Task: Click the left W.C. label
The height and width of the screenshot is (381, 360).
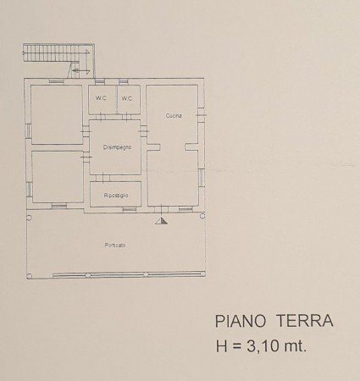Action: pos(101,99)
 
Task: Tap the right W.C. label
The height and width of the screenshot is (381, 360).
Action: pos(127,99)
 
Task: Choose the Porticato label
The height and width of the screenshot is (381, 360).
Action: pos(115,246)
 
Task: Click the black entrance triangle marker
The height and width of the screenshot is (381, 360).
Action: pos(163,221)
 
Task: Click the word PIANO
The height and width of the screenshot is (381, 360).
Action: pos(236,322)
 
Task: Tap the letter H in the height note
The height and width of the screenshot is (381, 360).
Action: pos(223,345)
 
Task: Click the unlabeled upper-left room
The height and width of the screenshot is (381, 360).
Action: pos(56,113)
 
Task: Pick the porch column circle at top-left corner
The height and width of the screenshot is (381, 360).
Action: pos(27,213)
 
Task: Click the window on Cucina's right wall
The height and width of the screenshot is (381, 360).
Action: pos(201,112)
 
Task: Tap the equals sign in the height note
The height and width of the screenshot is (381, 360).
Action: pos(241,345)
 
